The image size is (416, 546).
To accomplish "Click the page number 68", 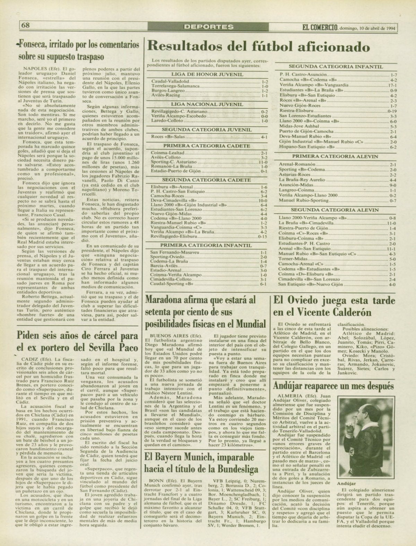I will (26, 25).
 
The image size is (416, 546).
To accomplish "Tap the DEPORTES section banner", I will (208, 26).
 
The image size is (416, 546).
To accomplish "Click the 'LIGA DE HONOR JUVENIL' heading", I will (207, 74).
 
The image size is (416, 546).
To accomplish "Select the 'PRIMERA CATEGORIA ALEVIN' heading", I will (335, 157).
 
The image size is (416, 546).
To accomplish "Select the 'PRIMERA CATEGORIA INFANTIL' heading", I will (207, 245).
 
